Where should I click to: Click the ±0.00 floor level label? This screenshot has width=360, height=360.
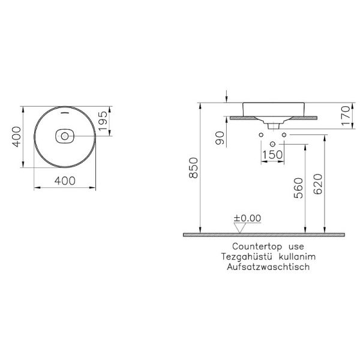247,218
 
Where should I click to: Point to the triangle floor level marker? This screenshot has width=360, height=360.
241,227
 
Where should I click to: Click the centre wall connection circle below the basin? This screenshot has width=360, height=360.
272,144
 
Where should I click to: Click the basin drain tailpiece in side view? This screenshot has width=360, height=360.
273,125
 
